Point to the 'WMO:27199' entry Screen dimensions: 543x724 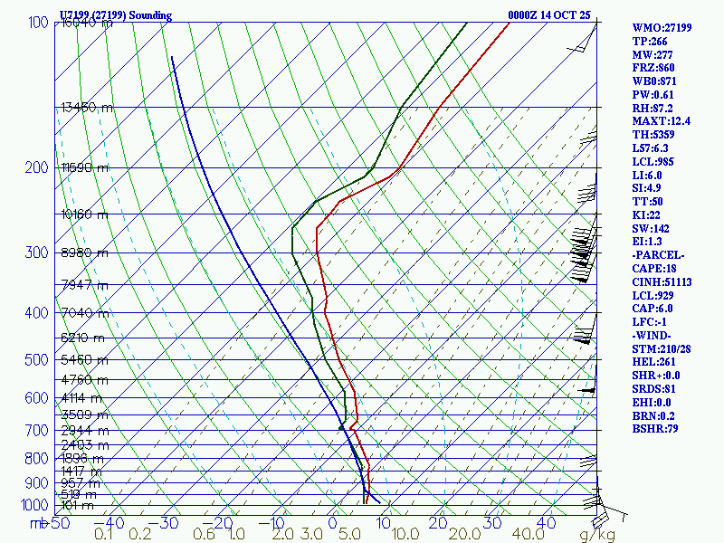tap(662, 27)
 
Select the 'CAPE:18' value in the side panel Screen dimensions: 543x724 tap(654, 269)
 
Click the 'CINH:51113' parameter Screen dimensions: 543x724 tap(662, 282)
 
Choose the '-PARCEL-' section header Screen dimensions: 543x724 tap(658, 255)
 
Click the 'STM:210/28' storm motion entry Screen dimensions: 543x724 tap(662, 349)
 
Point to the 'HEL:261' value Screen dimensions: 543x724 tap(654, 363)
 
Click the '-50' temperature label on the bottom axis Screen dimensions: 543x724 tap(60, 523)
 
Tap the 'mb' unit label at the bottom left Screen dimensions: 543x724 tap(37, 523)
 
